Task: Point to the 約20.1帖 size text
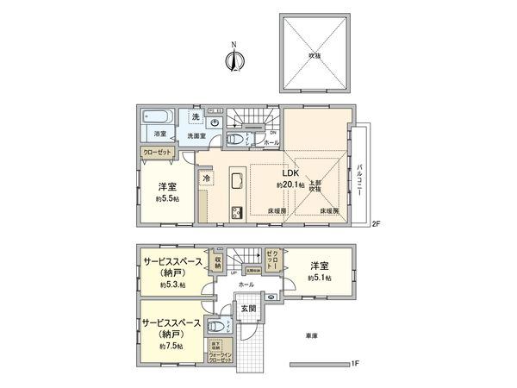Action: click(289, 185)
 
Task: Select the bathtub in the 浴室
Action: click(160, 118)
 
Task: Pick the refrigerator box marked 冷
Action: click(206, 178)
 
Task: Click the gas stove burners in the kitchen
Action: click(235, 212)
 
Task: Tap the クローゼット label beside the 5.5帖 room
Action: click(160, 152)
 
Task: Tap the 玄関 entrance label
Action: click(246, 309)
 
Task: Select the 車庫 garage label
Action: click(311, 335)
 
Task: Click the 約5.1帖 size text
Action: click(320, 279)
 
